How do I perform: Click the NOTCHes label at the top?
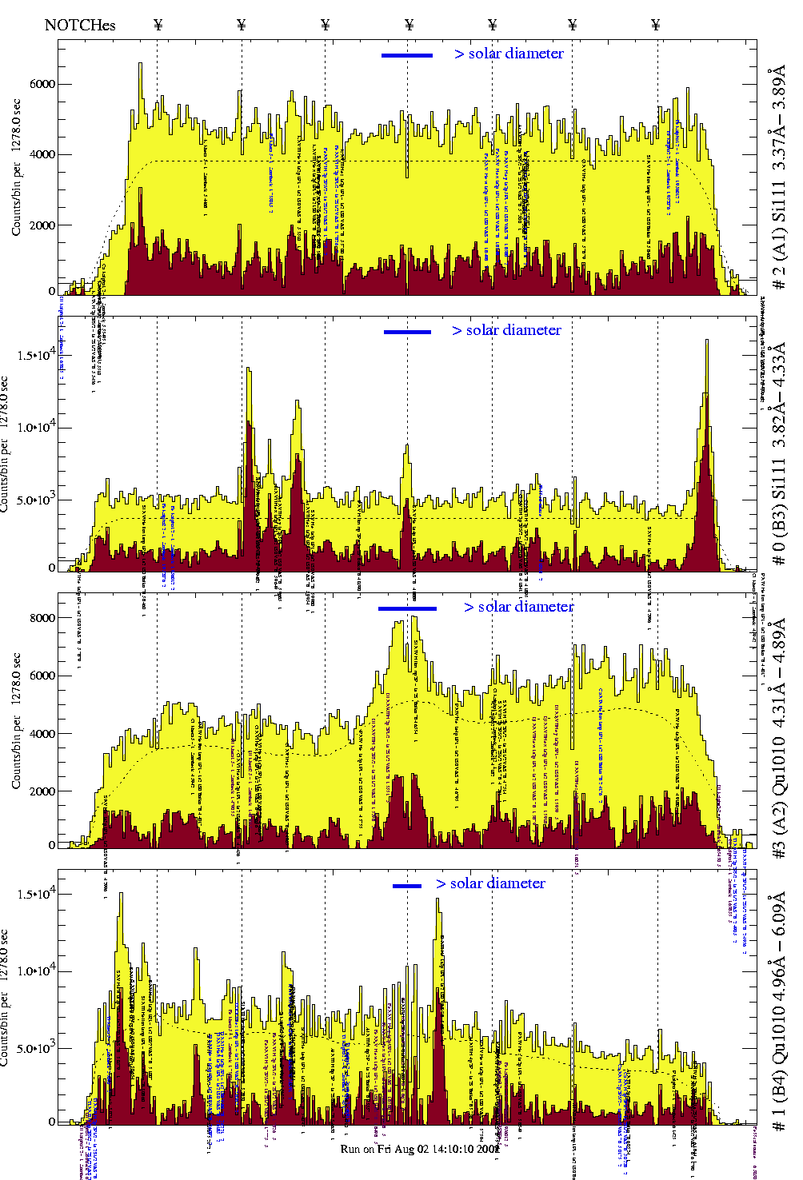pyautogui.click(x=80, y=25)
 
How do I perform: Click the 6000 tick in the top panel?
pyautogui.click(x=42, y=84)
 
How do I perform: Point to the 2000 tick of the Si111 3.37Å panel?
pyautogui.click(x=42, y=225)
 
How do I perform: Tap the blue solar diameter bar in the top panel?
pyautogui.click(x=407, y=55)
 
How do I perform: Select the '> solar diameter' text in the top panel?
pyautogui.click(x=509, y=54)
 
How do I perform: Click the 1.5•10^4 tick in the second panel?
pyautogui.click(x=38, y=355)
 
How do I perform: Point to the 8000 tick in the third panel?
pyautogui.click(x=42, y=618)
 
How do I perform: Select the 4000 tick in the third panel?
pyautogui.click(x=42, y=734)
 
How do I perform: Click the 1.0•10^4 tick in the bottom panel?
pyautogui.click(x=38, y=971)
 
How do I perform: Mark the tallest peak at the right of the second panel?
pyautogui.click(x=707, y=342)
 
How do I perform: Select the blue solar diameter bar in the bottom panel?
pyautogui.click(x=407, y=886)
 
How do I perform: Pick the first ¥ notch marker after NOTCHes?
pyautogui.click(x=158, y=25)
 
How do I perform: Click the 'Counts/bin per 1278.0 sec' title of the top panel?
pyautogui.click(x=17, y=167)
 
